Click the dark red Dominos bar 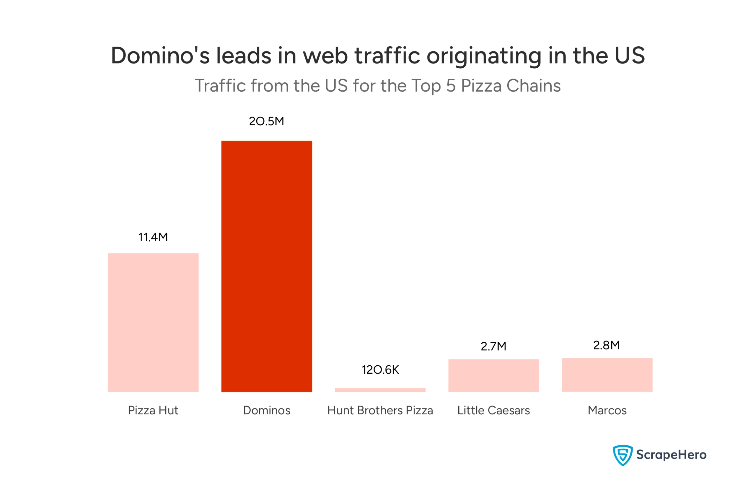[x=267, y=266]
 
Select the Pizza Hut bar [x=153, y=323]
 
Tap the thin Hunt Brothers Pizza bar [x=380, y=390]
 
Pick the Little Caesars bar [x=493, y=375]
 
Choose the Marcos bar [x=607, y=375]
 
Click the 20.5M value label [x=267, y=121]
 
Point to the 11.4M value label [x=153, y=237]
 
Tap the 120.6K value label [x=380, y=370]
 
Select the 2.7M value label [x=493, y=346]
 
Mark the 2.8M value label [x=606, y=345]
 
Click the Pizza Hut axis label [x=153, y=410]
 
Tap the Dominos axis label [x=267, y=410]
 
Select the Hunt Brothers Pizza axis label [x=380, y=410]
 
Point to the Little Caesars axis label [x=493, y=410]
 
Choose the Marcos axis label [x=607, y=410]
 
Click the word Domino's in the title [x=160, y=56]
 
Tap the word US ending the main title [x=629, y=56]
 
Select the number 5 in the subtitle [x=451, y=86]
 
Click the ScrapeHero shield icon [x=622, y=455]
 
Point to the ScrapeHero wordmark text [x=671, y=455]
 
